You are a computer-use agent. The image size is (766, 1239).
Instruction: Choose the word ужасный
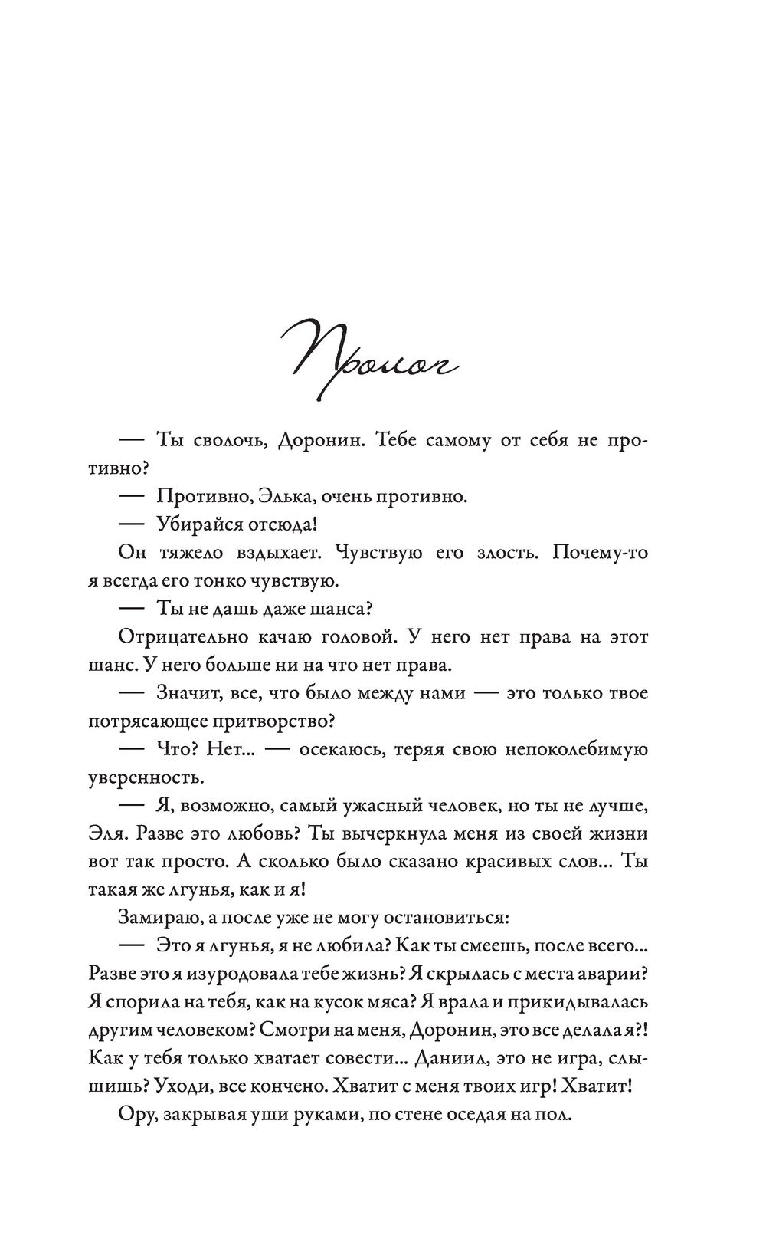[x=364, y=805]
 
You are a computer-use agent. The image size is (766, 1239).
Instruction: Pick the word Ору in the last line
[x=136, y=1114]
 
